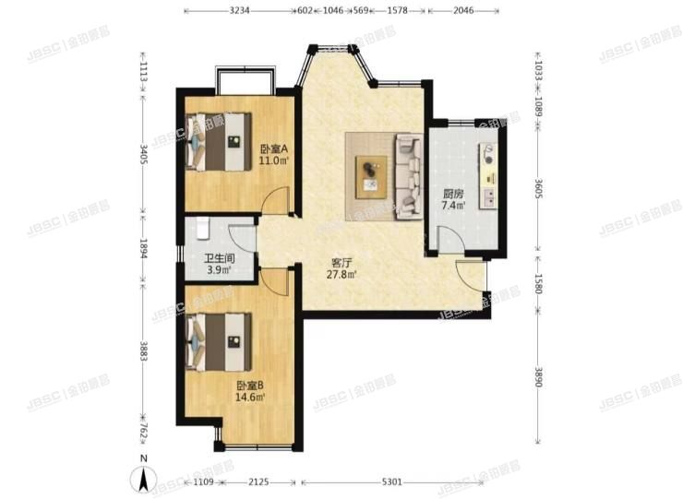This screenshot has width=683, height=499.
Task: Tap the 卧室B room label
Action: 250,386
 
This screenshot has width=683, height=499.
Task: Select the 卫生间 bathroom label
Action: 219,257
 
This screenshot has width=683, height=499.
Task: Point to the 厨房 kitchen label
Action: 453,194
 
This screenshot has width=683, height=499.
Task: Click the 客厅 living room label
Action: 343,261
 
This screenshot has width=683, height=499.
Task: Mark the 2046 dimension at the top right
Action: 463,11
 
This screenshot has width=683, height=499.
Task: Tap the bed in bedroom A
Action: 219,141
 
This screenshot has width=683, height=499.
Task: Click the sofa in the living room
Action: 407,175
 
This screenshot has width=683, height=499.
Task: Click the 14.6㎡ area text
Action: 250,398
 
